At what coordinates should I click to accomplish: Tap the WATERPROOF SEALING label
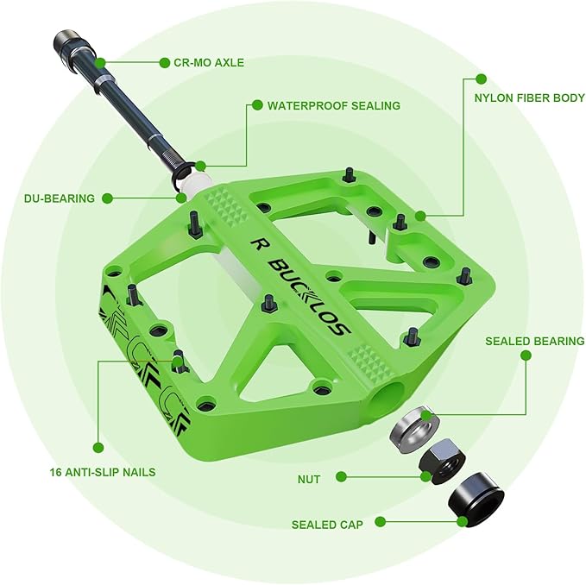[333, 105]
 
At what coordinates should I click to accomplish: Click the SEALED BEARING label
[534, 341]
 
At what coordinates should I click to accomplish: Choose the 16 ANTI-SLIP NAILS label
[103, 472]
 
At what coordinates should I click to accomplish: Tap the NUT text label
[308, 478]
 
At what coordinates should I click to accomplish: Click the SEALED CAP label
[327, 524]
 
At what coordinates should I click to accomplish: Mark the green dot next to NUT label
[342, 477]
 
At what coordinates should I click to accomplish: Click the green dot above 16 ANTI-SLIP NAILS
[98, 447]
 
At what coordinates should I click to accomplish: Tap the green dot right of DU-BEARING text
[108, 198]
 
